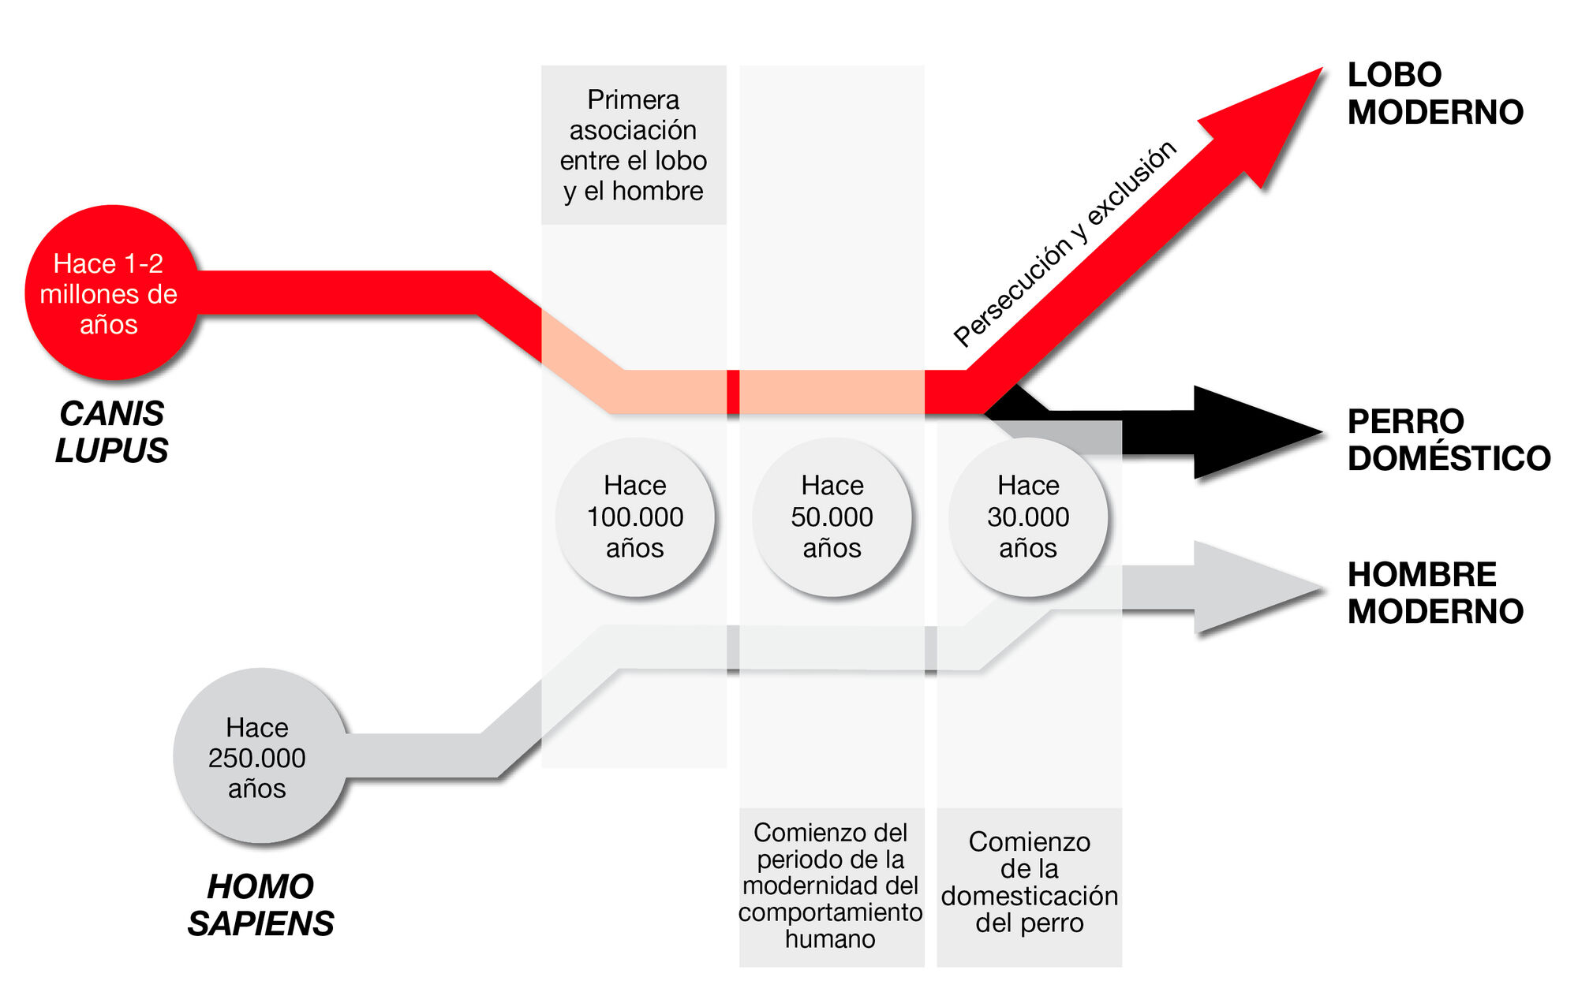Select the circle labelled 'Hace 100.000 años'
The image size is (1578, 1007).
634,517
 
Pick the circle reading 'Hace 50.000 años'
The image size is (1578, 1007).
832,517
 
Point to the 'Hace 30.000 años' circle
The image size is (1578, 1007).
1027,517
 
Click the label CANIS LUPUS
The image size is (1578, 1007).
111,432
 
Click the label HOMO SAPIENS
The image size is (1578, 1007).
260,905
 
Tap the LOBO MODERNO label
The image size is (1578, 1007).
1434,94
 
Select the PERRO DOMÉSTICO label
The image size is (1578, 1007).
1448,440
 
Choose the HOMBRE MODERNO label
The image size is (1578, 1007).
1434,593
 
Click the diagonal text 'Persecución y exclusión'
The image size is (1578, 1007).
1064,244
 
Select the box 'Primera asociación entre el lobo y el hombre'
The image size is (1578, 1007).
633,145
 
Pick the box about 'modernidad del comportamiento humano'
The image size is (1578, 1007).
831,886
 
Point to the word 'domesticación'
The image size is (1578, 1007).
1029,897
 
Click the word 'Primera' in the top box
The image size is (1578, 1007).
633,100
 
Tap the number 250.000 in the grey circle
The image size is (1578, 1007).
257,758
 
